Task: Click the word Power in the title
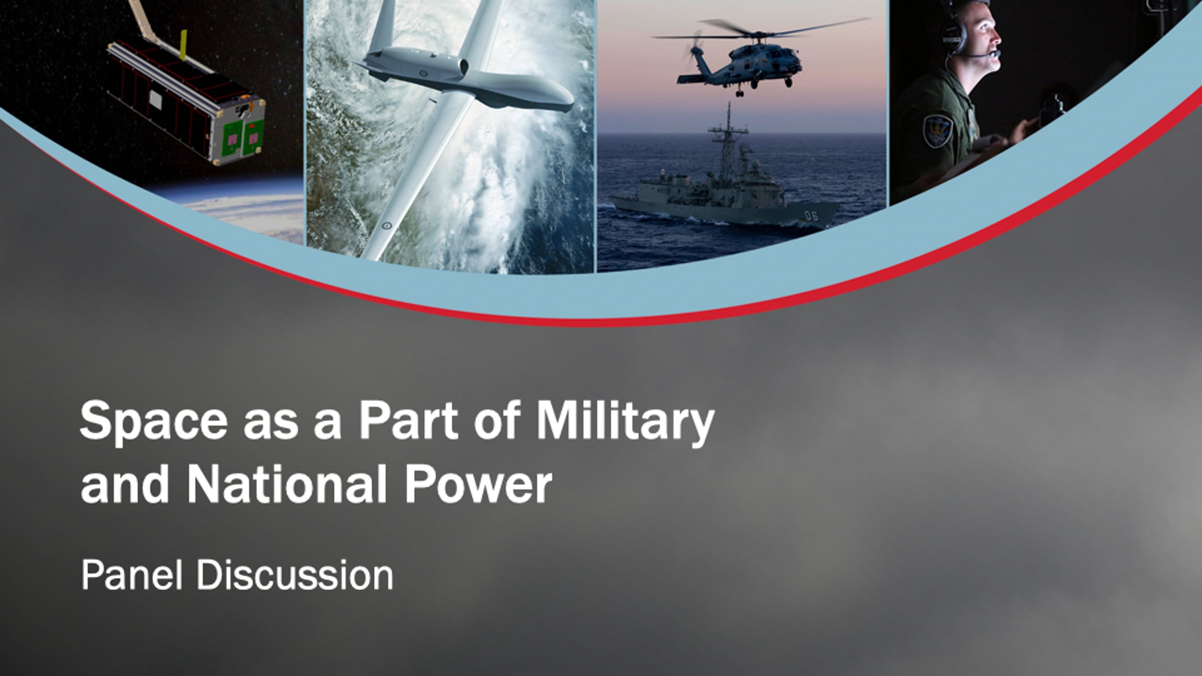click(478, 484)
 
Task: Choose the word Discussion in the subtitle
click(295, 575)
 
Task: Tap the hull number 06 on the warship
click(811, 216)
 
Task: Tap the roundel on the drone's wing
click(387, 225)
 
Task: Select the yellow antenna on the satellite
click(183, 45)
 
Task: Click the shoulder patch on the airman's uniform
click(937, 130)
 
